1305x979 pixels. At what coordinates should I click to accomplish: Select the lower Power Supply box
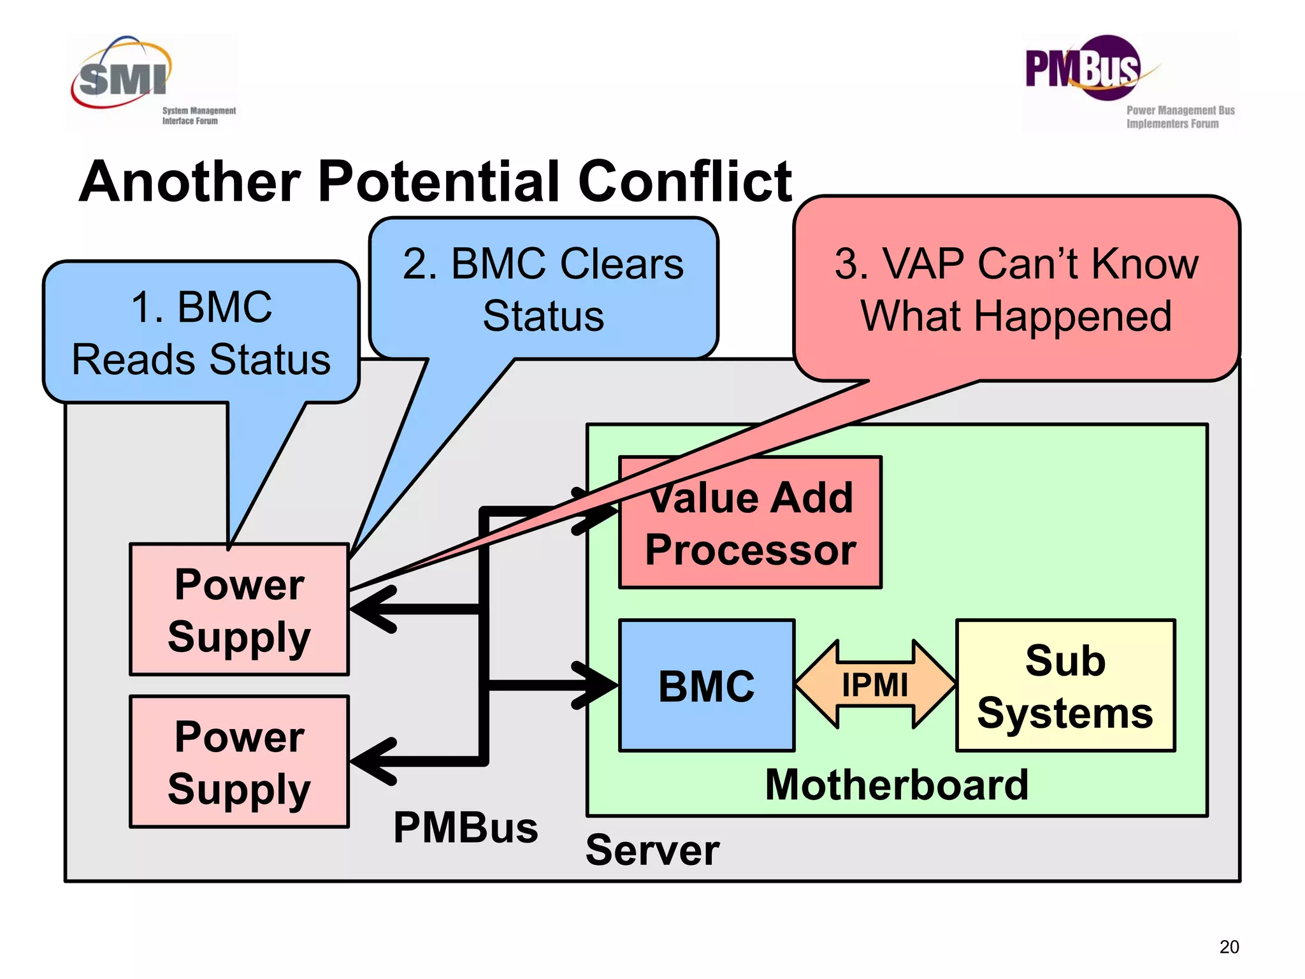(239, 762)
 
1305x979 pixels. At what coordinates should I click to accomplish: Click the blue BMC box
(706, 686)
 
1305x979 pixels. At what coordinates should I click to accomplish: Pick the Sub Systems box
(1065, 686)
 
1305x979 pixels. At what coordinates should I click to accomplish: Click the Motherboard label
(897, 785)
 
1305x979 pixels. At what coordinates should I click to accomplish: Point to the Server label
(652, 850)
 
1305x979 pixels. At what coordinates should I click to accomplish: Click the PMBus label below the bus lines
(465, 828)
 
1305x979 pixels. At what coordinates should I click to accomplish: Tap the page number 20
(1229, 947)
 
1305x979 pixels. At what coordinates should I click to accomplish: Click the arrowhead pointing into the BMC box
(596, 685)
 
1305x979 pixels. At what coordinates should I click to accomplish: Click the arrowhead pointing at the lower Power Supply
(373, 761)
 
